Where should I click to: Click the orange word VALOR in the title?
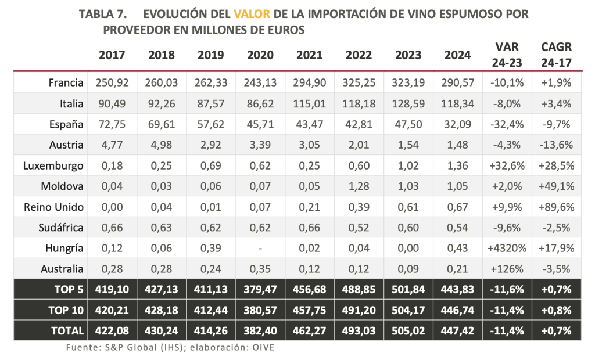pos(253,13)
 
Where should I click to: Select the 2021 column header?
pos(310,56)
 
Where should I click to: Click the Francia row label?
pos(67,83)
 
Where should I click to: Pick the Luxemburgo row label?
pos(53,166)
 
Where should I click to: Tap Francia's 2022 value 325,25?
pos(359,83)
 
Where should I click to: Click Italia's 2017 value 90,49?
pos(112,104)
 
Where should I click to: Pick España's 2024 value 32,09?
pos(458,124)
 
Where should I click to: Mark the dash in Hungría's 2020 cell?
pos(260,249)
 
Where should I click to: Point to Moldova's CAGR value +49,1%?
pos(556,186)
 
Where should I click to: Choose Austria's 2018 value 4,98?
pos(162,145)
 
